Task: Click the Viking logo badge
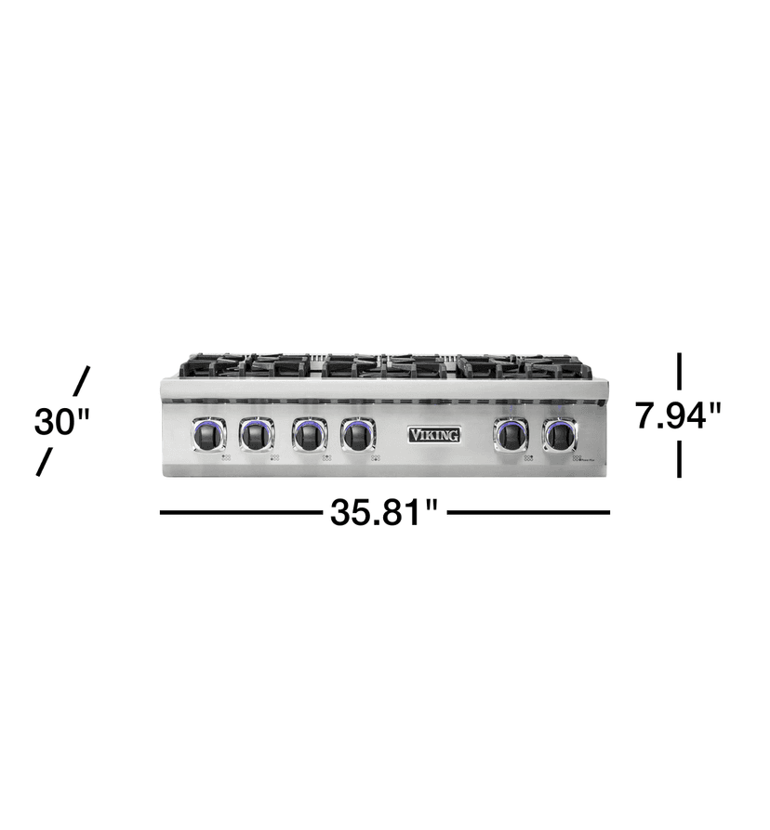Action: tap(434, 434)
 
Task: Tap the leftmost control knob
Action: tap(209, 434)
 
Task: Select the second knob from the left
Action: tap(257, 434)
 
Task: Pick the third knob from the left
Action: tap(310, 434)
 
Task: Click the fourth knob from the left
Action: tap(358, 434)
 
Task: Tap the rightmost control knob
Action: tap(560, 434)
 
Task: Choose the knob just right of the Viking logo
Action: tap(511, 434)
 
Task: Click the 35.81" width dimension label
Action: tap(384, 512)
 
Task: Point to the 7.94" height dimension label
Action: tap(678, 415)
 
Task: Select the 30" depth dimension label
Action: tap(61, 422)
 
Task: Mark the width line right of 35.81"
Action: tap(528, 512)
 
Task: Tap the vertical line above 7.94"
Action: tap(680, 371)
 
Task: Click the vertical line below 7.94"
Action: tap(680, 459)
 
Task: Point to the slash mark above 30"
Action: tap(82, 380)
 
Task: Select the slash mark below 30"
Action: tap(43, 462)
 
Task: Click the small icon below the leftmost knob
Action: tap(225, 457)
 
